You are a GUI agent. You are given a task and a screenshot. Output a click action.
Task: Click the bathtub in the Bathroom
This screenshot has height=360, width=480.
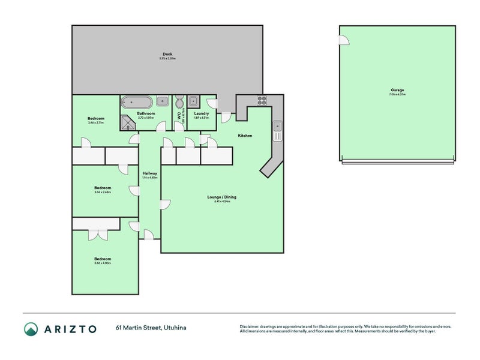(x=137, y=101)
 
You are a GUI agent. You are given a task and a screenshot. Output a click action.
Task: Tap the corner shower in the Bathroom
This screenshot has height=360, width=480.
(x=128, y=122)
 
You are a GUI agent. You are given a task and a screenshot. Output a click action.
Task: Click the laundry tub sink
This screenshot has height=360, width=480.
(x=194, y=101)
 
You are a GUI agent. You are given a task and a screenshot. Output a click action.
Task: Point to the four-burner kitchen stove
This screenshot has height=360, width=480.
(x=262, y=100)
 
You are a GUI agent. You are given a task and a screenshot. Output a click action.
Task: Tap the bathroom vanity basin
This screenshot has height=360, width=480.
(x=162, y=101)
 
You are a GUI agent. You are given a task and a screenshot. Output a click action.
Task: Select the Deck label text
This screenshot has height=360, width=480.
(x=167, y=54)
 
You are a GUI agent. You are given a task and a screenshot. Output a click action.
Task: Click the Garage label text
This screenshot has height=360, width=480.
(x=397, y=91)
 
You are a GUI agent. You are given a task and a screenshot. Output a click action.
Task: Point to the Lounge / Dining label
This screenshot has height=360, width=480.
(x=222, y=197)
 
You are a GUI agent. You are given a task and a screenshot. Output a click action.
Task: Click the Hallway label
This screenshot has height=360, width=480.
(x=149, y=173)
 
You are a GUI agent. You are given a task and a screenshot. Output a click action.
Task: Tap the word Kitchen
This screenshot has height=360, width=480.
(x=245, y=136)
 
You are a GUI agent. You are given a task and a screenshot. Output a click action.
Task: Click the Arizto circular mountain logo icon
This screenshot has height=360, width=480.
(x=31, y=328)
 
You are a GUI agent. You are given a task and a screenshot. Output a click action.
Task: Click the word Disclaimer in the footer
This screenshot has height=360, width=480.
(x=252, y=326)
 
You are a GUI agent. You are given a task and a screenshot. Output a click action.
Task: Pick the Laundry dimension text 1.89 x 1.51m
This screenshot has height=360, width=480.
(x=201, y=118)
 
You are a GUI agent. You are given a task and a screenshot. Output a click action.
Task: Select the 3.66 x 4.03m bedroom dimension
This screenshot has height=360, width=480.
(x=102, y=263)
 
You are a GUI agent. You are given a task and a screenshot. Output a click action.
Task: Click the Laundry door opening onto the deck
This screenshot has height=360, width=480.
(x=210, y=103)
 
